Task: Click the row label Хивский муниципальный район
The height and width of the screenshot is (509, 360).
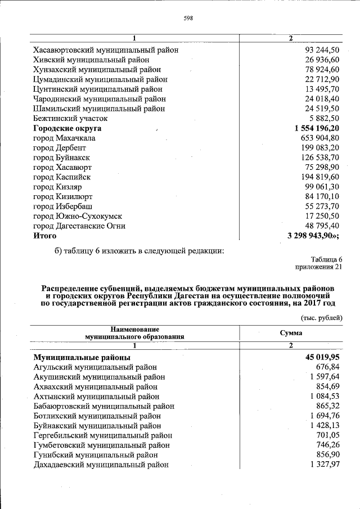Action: coord(91,60)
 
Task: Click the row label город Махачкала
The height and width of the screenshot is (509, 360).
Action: coord(64,138)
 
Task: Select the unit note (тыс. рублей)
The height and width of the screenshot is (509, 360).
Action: coord(321,318)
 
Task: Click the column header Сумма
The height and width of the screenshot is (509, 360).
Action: coord(291,333)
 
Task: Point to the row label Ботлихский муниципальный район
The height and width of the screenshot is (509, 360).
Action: coord(97,416)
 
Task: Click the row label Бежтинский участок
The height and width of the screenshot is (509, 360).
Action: coord(70,119)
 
